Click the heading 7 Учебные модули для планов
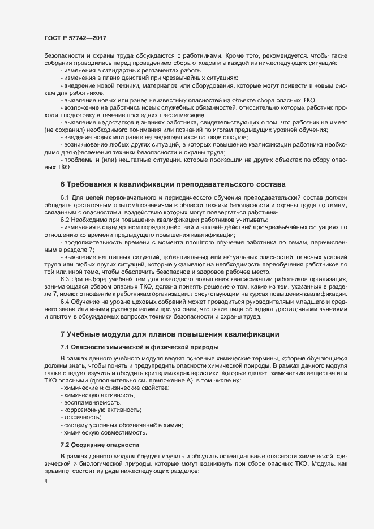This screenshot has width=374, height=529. tap(170, 335)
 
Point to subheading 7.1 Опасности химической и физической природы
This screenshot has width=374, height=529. tap(139, 346)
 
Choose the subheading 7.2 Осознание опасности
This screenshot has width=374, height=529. tap(99, 446)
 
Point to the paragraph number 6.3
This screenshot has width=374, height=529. tap(65, 279)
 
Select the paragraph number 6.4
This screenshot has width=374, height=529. tap(65, 302)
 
